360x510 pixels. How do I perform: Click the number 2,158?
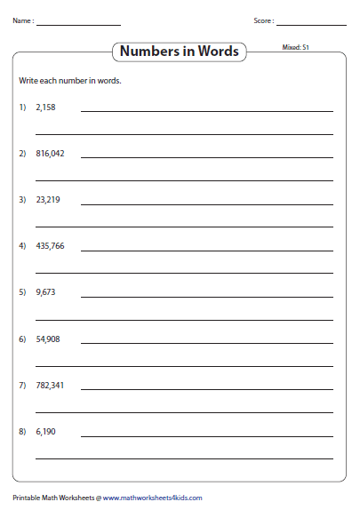(x=45, y=107)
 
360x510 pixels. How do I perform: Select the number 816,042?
(x=50, y=153)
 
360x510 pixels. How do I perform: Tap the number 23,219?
(x=48, y=200)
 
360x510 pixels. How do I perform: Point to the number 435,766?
(x=50, y=246)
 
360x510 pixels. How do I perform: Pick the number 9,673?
(x=45, y=292)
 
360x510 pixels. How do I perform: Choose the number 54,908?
(x=48, y=339)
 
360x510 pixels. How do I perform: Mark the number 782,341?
(x=50, y=386)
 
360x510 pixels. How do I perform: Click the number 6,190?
(x=45, y=432)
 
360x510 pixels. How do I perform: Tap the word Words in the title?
(x=219, y=52)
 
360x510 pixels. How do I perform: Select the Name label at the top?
(x=23, y=20)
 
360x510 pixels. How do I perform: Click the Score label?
(x=263, y=20)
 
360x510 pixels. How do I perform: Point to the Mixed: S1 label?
(x=295, y=46)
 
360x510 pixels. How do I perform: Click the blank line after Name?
(x=78, y=24)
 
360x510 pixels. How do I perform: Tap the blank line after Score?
(x=311, y=24)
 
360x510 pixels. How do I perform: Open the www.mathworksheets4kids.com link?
(x=152, y=498)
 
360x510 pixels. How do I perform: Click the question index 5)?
(x=22, y=292)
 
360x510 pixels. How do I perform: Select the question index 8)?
(x=22, y=432)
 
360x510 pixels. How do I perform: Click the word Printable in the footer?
(x=28, y=498)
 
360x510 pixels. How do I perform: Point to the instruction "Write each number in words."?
(x=69, y=81)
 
